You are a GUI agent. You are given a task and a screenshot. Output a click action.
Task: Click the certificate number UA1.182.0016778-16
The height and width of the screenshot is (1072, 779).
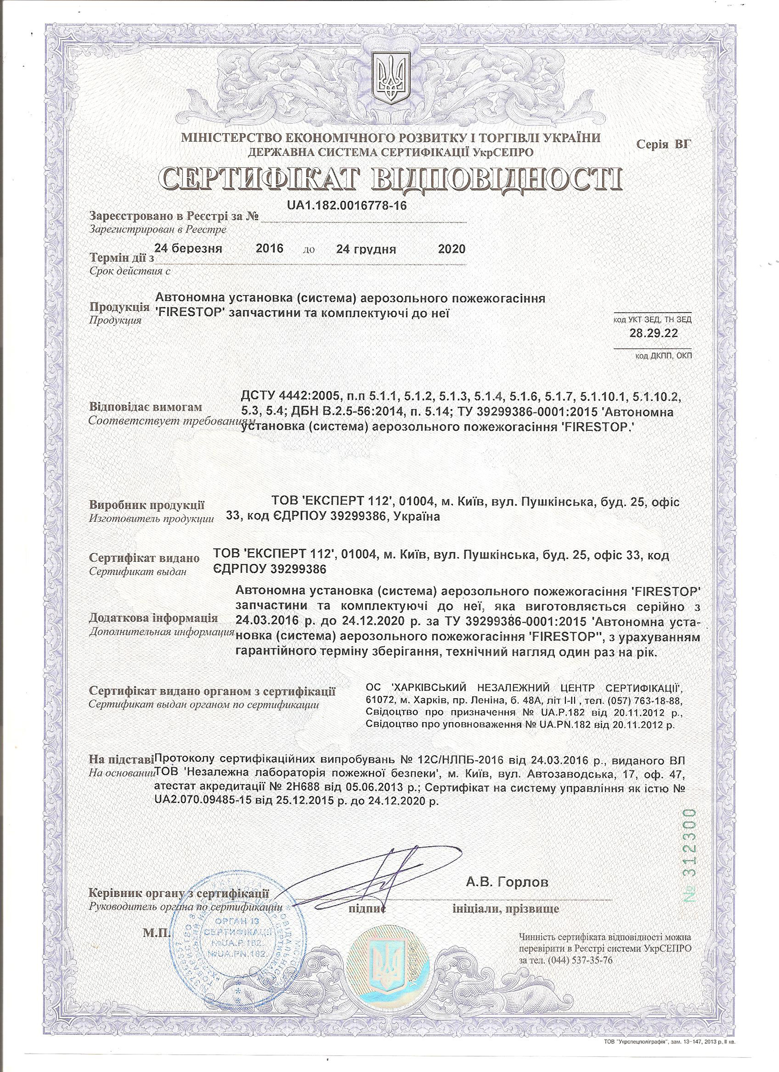click(x=346, y=205)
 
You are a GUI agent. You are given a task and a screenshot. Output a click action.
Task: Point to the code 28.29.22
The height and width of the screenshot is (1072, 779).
click(x=653, y=333)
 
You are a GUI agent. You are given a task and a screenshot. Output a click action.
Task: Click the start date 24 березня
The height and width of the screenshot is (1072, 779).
click(x=188, y=249)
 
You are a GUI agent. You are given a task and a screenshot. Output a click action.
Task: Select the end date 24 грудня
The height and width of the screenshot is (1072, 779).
click(x=366, y=249)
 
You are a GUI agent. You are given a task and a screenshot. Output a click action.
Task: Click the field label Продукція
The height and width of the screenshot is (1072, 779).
click(x=118, y=307)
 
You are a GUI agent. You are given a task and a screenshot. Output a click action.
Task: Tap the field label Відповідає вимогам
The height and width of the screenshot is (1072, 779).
click(x=146, y=407)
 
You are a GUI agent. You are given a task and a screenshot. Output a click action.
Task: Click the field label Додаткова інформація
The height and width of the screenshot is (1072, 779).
click(x=154, y=618)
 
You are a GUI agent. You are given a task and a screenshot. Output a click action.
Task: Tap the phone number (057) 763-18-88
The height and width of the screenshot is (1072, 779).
click(x=640, y=700)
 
